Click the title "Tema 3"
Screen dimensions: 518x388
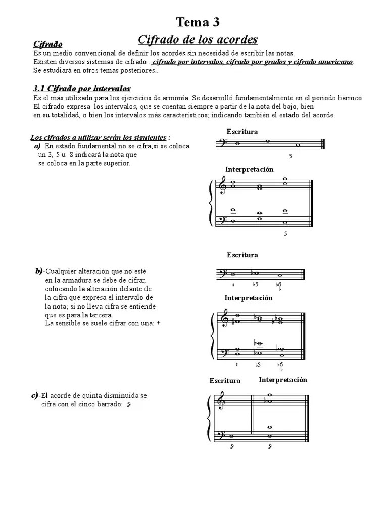tap(198, 22)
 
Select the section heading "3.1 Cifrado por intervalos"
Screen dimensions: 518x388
tap(81, 89)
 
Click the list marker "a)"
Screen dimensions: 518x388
tap(37, 146)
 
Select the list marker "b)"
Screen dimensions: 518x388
tap(39, 272)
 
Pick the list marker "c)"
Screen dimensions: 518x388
tap(34, 395)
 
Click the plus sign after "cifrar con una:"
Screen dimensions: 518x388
tap(158, 323)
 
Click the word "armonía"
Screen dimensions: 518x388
tap(173, 98)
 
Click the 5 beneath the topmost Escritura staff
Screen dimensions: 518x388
tap(290, 157)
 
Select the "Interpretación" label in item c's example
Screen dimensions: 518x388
tap(283, 380)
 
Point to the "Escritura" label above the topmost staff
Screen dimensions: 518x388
tap(242, 132)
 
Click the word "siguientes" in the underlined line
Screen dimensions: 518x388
tap(150, 137)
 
